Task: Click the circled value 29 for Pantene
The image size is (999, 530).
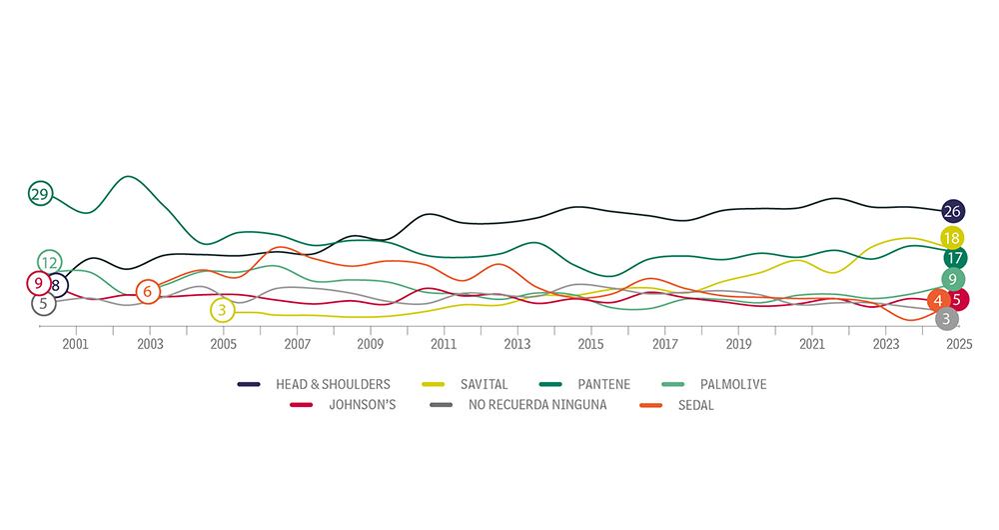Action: coord(40,194)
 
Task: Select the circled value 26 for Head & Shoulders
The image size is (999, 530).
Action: coord(952,211)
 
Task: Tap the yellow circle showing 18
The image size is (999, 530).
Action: coord(952,238)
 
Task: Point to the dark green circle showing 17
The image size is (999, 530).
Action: coord(954,258)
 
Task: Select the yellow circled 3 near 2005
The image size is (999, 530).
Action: coord(222,311)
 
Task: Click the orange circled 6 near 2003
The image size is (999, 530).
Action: coord(148,292)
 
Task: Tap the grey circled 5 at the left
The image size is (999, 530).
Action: coord(43,303)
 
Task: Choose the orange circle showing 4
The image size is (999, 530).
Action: coord(938,300)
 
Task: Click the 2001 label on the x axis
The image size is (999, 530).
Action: coord(76,344)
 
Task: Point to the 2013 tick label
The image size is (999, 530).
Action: coord(517,344)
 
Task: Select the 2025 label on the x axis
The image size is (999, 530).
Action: coord(959,344)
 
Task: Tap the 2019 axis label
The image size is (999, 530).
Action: coord(738,344)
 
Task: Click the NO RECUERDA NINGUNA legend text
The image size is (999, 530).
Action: coord(537,405)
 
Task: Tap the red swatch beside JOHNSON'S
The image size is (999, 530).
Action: coord(302,405)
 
